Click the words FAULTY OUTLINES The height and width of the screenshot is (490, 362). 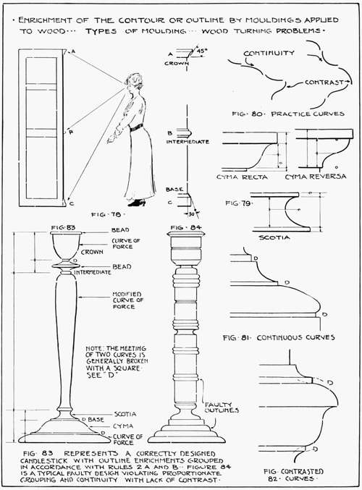click(x=218, y=406)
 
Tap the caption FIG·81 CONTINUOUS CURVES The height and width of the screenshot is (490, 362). click(x=279, y=337)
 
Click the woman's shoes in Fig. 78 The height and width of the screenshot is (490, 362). click(x=136, y=203)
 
